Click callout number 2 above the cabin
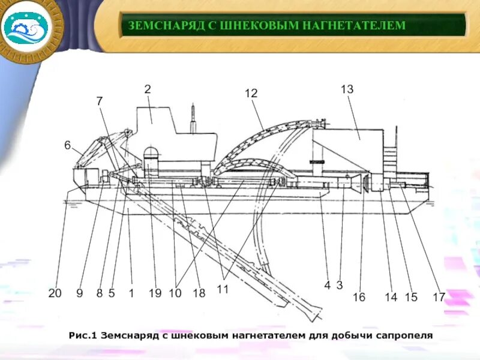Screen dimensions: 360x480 (x=147, y=89)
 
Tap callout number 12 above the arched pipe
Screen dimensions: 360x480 (x=251, y=94)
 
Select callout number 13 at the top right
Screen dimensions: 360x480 (x=347, y=89)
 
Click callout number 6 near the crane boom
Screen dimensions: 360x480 (x=67, y=145)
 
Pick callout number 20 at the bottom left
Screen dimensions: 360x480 (x=55, y=293)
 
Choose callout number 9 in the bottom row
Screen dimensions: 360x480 (x=79, y=293)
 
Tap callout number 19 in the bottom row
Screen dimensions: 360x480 (x=155, y=293)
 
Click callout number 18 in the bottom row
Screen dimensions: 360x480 (x=199, y=293)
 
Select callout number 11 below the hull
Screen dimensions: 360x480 (x=223, y=290)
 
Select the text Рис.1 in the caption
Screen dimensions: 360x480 (x=83, y=335)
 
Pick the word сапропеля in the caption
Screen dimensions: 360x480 (x=407, y=335)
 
